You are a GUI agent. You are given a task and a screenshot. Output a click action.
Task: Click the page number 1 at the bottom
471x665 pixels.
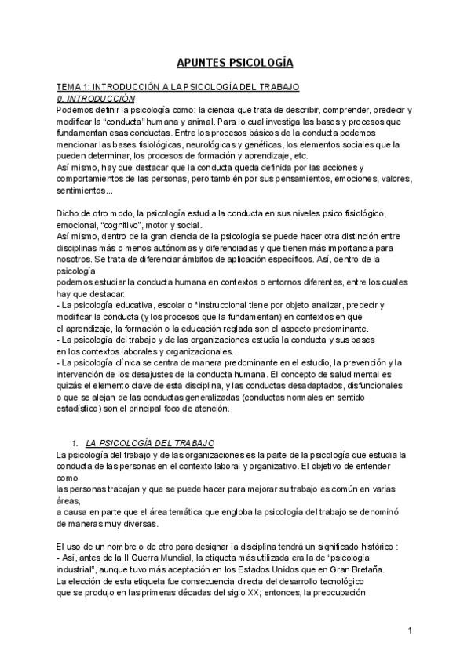[410, 630]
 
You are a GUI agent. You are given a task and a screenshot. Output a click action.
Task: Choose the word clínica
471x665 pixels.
[128, 362]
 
